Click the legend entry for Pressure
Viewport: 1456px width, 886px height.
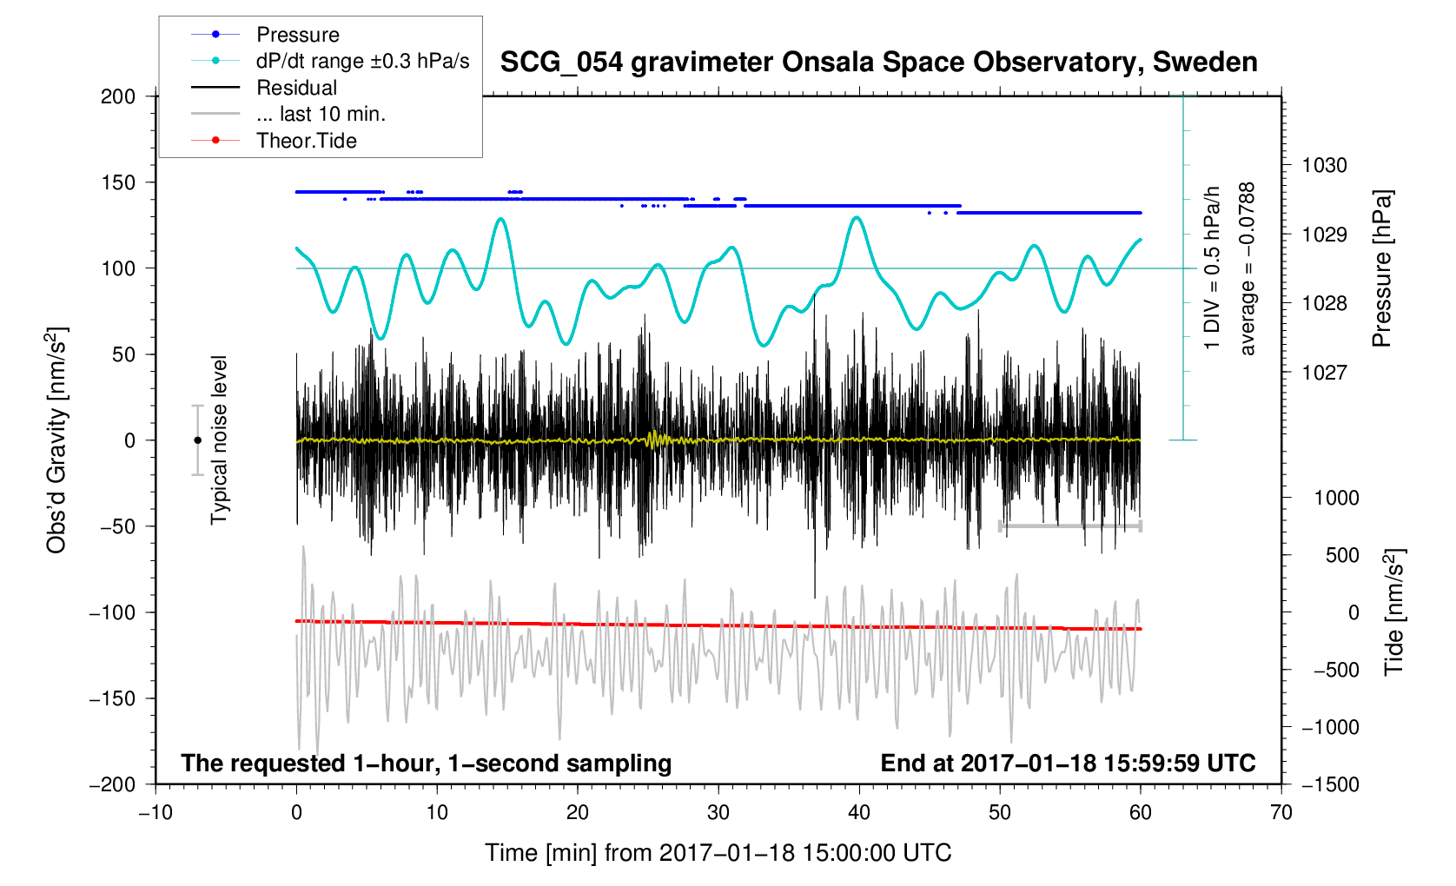(297, 35)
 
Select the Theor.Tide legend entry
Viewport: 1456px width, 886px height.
(306, 141)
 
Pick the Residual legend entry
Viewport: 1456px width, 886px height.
(296, 88)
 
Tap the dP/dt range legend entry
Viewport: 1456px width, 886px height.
(362, 61)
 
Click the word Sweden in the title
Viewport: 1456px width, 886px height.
(1205, 63)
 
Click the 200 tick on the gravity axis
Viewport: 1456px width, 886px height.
(118, 96)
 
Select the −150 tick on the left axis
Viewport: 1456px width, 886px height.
(113, 698)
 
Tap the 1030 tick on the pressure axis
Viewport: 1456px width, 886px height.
(1324, 165)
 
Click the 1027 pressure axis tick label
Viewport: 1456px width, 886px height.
(1324, 373)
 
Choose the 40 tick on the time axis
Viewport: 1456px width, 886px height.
(859, 813)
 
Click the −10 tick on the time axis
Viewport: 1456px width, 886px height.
(156, 813)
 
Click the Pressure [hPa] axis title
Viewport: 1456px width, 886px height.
(1381, 268)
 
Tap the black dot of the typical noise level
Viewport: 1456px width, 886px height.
(197, 440)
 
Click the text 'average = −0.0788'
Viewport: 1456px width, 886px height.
(1248, 268)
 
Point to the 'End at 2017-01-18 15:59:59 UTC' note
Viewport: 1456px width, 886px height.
(1068, 764)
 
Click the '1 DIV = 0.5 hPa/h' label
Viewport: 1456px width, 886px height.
(1212, 268)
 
